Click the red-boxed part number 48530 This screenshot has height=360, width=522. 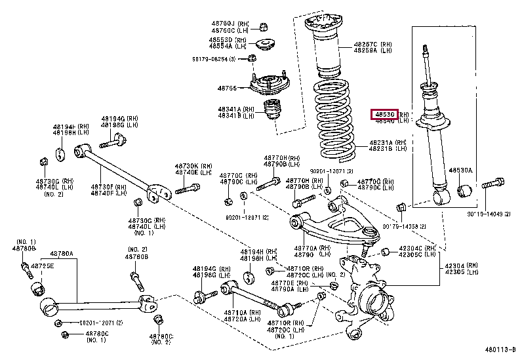pyautogui.click(x=385, y=114)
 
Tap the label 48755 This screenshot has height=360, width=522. pyautogui.click(x=228, y=87)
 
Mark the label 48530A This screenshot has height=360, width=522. pyautogui.click(x=461, y=170)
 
